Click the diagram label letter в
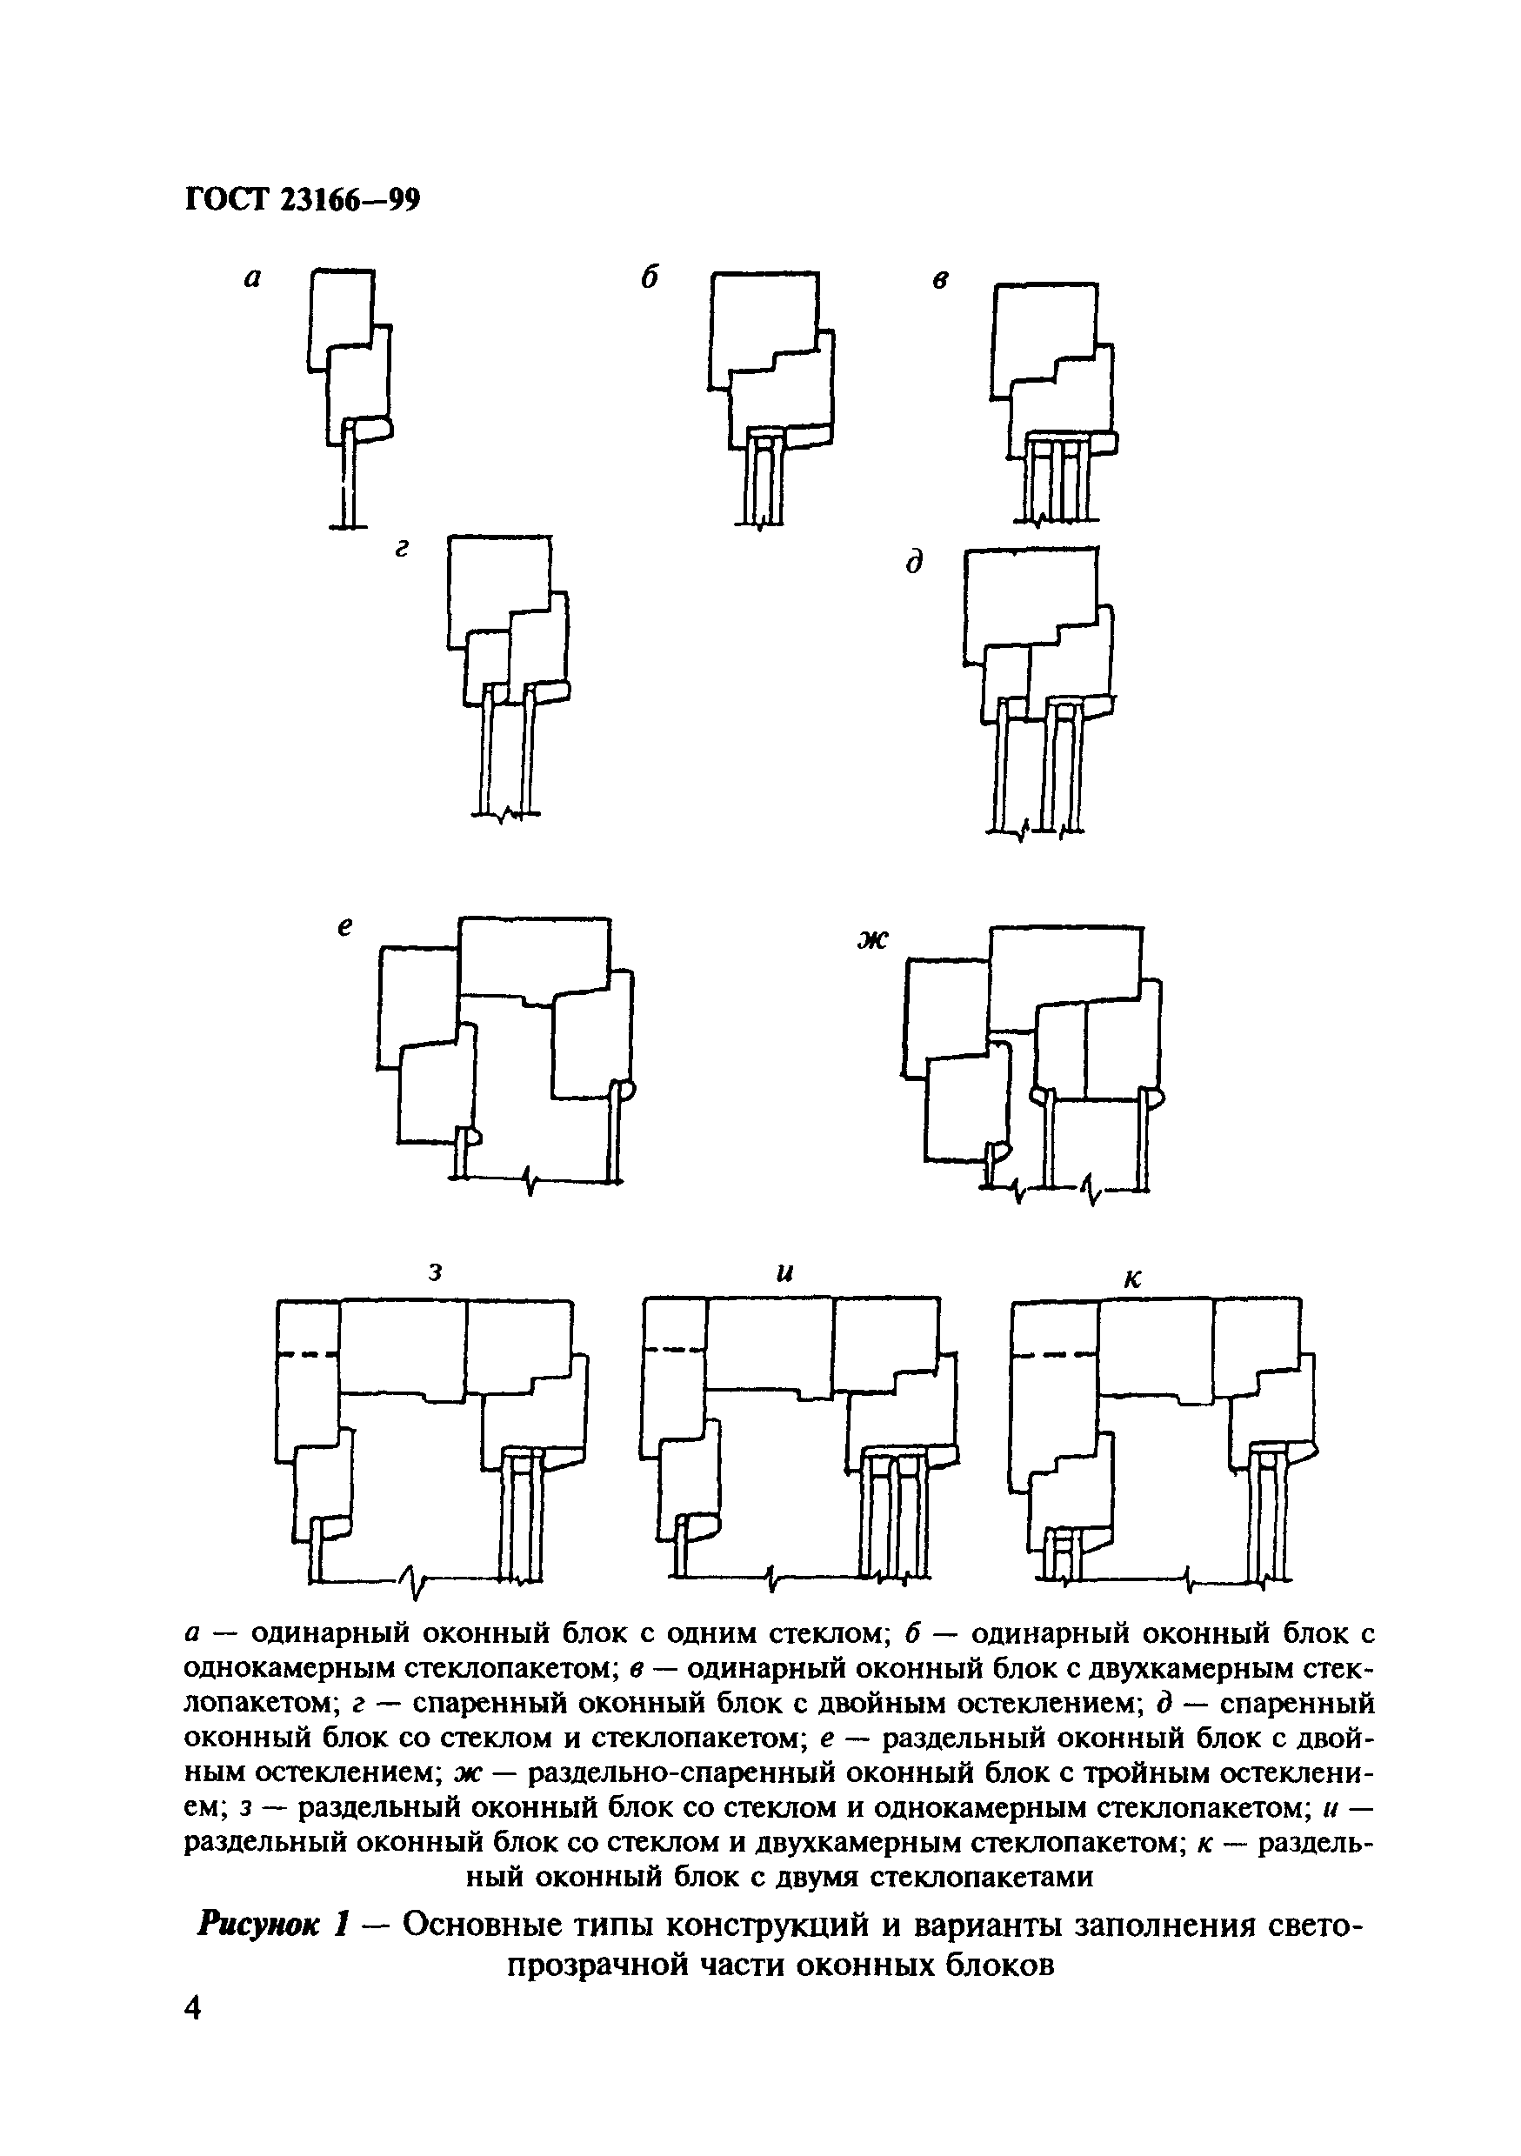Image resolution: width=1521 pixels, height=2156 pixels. (940, 280)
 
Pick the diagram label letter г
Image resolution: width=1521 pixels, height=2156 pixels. (402, 551)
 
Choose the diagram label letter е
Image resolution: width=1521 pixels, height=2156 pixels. (344, 928)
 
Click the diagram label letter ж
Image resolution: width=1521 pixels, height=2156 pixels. (871, 939)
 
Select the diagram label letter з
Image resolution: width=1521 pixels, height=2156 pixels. (435, 1272)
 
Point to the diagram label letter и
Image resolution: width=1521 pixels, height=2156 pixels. (786, 1273)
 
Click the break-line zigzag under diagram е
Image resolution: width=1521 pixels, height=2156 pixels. (531, 1179)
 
